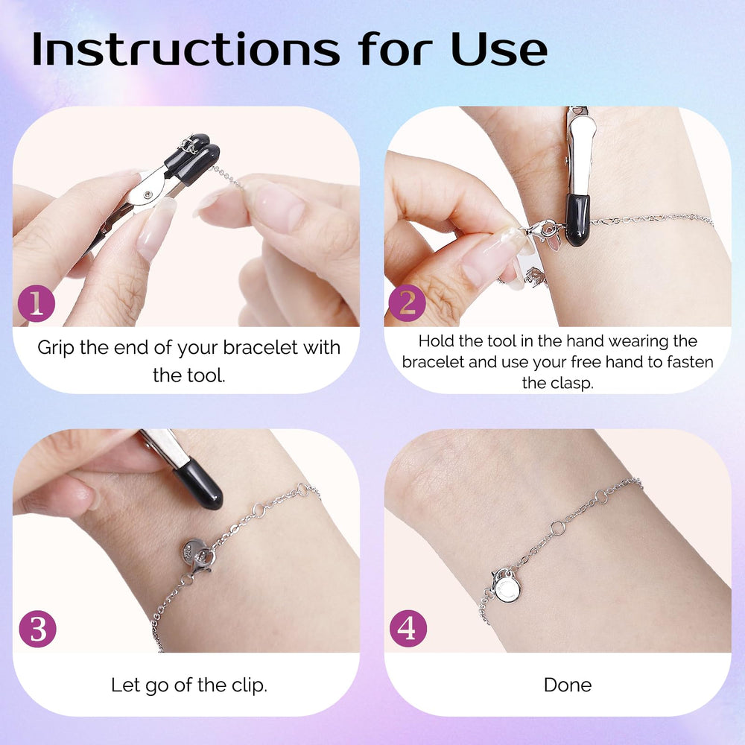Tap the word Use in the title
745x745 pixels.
[x=499, y=48]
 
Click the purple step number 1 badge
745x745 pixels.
[x=37, y=303]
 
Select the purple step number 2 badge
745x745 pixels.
[x=408, y=303]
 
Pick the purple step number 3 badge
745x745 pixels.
[x=37, y=629]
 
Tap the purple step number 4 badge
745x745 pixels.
[x=408, y=629]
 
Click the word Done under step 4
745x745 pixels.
[x=568, y=685]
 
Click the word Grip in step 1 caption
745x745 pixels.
[x=56, y=348]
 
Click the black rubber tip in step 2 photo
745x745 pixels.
[x=577, y=220]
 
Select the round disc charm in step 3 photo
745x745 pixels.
[x=194, y=551]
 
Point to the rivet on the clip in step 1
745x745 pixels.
[x=148, y=194]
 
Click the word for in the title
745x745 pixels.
[x=396, y=48]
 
